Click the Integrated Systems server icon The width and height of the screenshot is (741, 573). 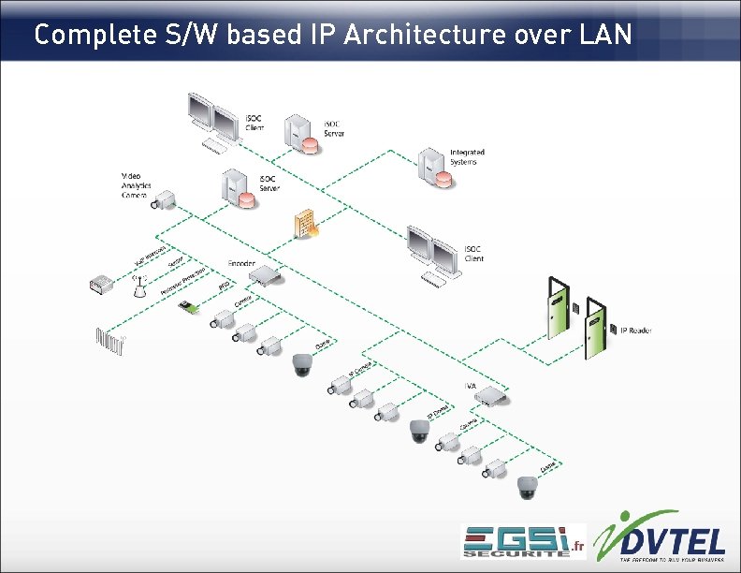(x=431, y=166)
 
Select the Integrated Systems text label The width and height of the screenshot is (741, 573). (x=467, y=156)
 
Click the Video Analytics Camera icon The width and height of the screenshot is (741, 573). (x=164, y=199)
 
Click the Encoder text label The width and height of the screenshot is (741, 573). (x=241, y=264)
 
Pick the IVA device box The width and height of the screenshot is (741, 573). (x=491, y=398)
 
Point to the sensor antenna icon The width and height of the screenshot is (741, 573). (x=139, y=286)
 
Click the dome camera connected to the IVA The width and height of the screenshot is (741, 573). (x=529, y=486)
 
